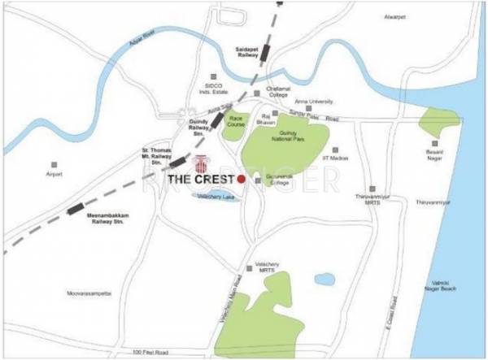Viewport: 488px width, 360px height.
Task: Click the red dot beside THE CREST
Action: (241, 179)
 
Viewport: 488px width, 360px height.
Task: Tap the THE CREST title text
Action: (199, 179)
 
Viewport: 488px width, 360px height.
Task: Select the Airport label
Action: (54, 175)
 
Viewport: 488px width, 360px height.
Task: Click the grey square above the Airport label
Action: (54, 164)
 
